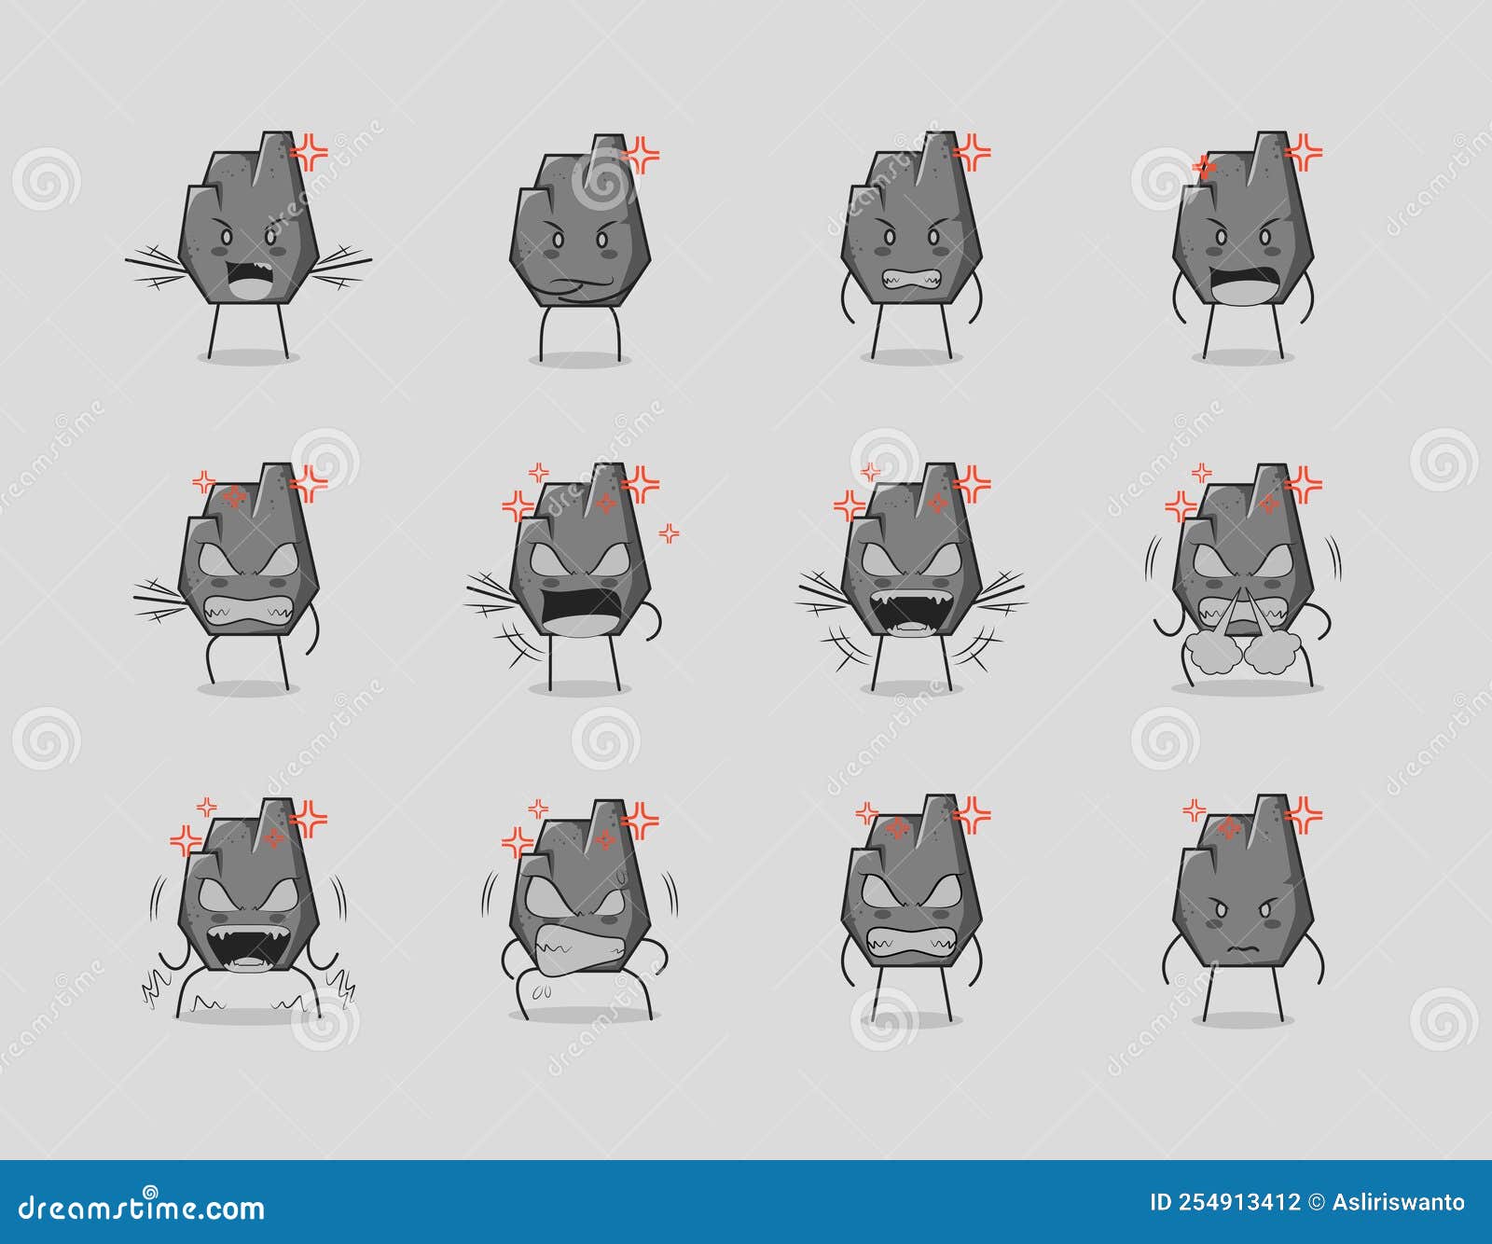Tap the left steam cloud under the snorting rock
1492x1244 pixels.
(x=1209, y=653)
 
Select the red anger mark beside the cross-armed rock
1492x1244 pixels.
(x=642, y=155)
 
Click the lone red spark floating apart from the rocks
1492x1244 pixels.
(x=670, y=533)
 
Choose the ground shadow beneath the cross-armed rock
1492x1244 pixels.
(x=580, y=359)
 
